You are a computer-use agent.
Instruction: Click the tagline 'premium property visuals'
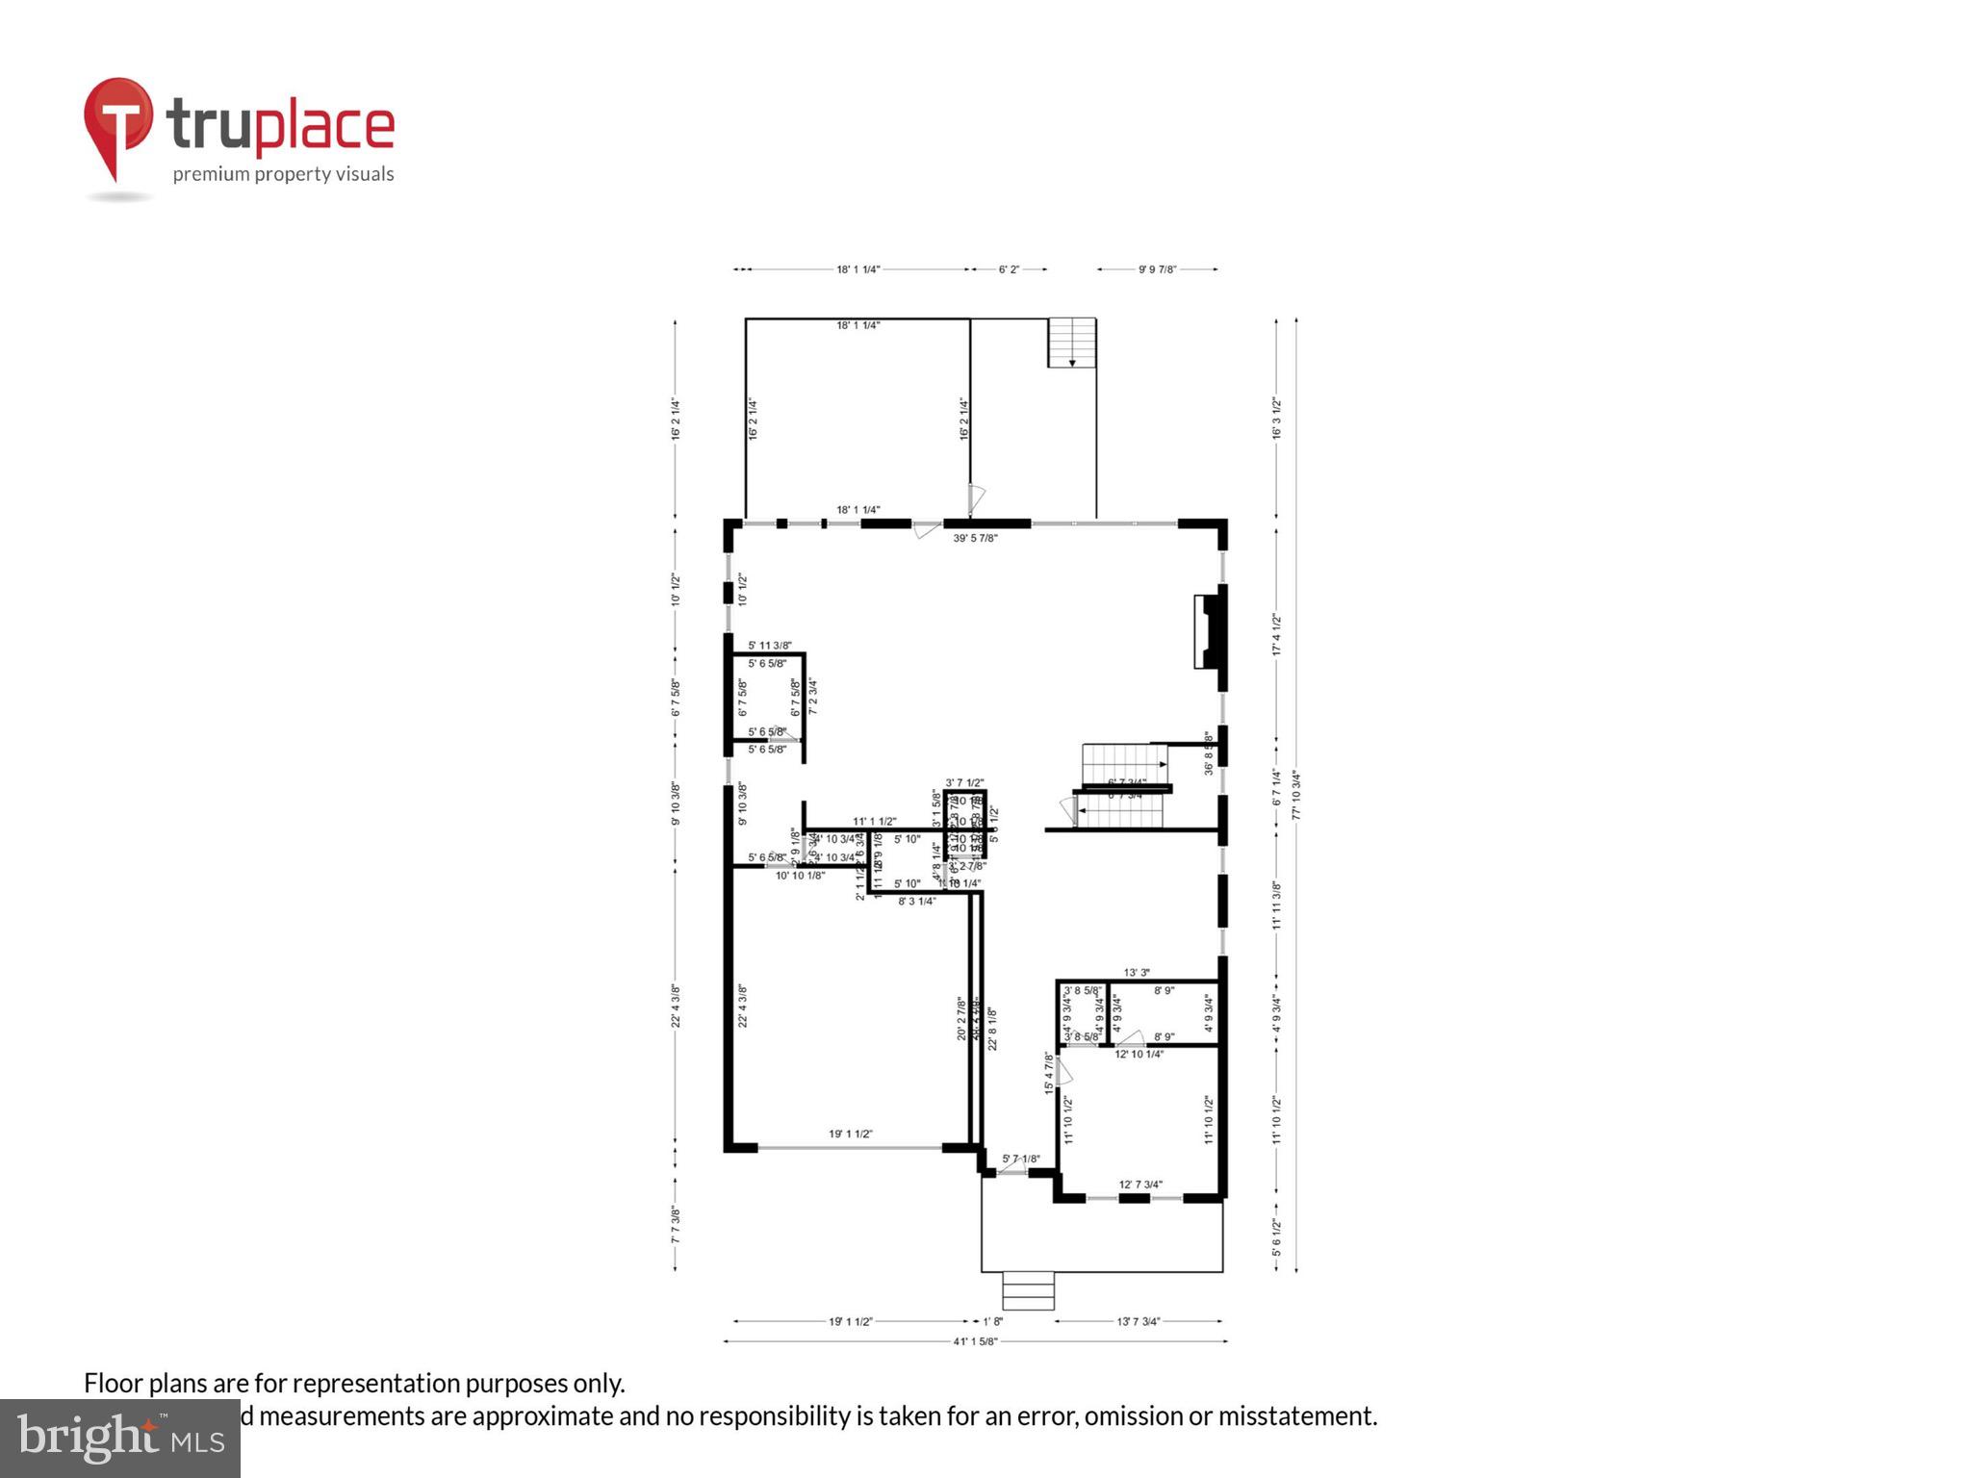click(x=283, y=174)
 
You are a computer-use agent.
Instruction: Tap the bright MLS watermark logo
click(x=119, y=1438)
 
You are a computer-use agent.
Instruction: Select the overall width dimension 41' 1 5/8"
click(x=975, y=1341)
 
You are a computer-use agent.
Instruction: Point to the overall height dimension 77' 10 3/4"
click(x=1296, y=794)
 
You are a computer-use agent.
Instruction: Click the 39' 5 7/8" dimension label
click(x=975, y=538)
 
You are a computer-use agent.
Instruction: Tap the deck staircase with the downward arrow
click(x=1072, y=343)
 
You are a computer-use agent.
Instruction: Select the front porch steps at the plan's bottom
click(x=1029, y=1290)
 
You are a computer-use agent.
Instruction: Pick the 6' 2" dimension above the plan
click(x=1008, y=269)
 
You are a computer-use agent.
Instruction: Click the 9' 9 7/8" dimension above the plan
click(x=1157, y=269)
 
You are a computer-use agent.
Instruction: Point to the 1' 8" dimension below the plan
click(x=992, y=1321)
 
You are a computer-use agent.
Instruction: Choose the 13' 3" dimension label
click(x=1137, y=973)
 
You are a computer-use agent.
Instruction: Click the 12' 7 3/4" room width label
click(x=1140, y=1185)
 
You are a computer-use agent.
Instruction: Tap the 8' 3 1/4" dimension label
click(x=916, y=902)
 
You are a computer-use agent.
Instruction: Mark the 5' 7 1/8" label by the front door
click(x=1020, y=1159)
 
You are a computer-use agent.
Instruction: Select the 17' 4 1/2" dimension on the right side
click(x=1276, y=635)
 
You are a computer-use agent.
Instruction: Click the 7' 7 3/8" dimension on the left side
click(x=676, y=1225)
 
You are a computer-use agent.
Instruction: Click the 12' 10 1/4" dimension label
click(x=1139, y=1054)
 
